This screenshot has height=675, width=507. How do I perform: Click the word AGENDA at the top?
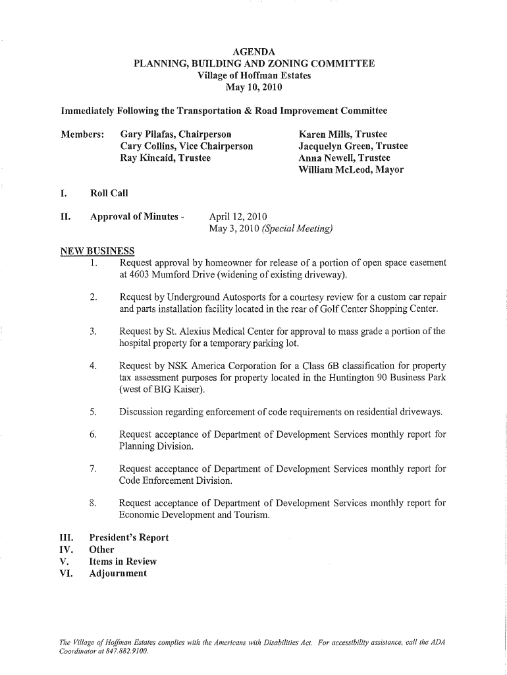point(254,51)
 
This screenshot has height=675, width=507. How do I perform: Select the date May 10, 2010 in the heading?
point(254,87)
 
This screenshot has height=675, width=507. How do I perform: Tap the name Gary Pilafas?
point(148,134)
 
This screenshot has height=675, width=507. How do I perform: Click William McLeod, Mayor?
point(351,170)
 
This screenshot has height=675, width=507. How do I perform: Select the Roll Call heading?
point(109,193)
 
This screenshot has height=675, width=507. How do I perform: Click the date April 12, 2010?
point(238,217)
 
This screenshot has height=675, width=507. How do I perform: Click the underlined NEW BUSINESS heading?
point(97,251)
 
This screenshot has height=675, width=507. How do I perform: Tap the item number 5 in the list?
point(94,413)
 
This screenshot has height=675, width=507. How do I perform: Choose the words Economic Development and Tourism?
point(194,515)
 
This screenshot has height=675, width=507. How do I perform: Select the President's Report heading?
point(129,537)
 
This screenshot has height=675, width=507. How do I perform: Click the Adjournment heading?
point(119,573)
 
